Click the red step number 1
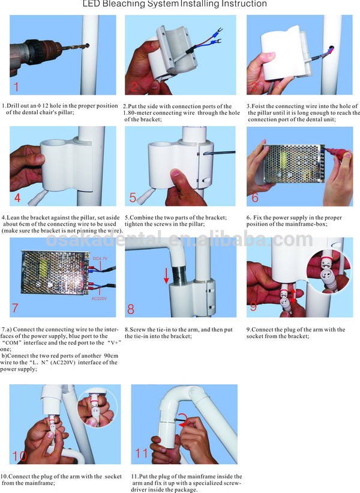tap(16, 86)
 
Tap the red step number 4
tap(17, 198)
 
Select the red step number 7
tap(15, 308)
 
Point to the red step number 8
tap(131, 309)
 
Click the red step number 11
tap(141, 453)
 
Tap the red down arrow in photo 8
tap(166, 276)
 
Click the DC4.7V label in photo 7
tap(100, 258)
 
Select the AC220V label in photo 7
tap(99, 298)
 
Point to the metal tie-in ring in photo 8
tap(179, 274)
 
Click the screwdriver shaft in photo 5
tap(219, 153)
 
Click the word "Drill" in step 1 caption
tap(13, 106)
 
